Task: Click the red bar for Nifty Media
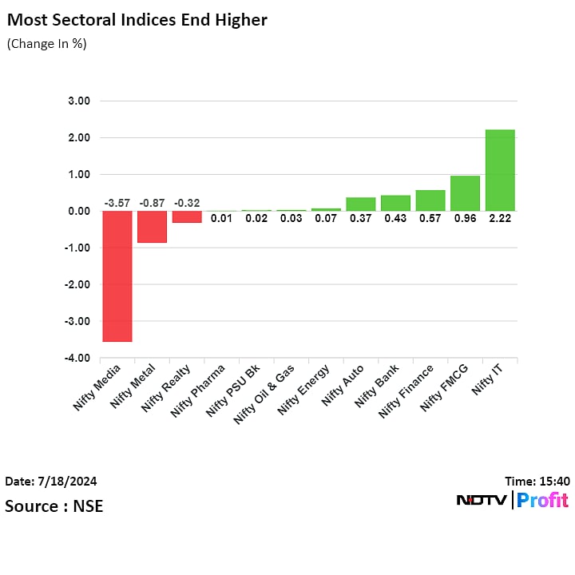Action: point(117,276)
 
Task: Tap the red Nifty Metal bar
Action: point(152,226)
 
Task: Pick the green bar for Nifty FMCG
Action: point(465,193)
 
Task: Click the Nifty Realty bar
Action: point(187,216)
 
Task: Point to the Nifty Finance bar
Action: point(430,200)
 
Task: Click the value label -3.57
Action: point(117,204)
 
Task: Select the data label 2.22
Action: point(500,218)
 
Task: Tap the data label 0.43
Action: point(395,218)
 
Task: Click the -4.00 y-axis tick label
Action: point(79,359)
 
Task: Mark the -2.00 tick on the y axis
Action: point(79,285)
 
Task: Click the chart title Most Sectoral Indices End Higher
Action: point(137,20)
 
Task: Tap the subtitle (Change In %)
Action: point(46,44)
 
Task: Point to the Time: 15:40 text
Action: point(537,482)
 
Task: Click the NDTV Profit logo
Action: point(512,501)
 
